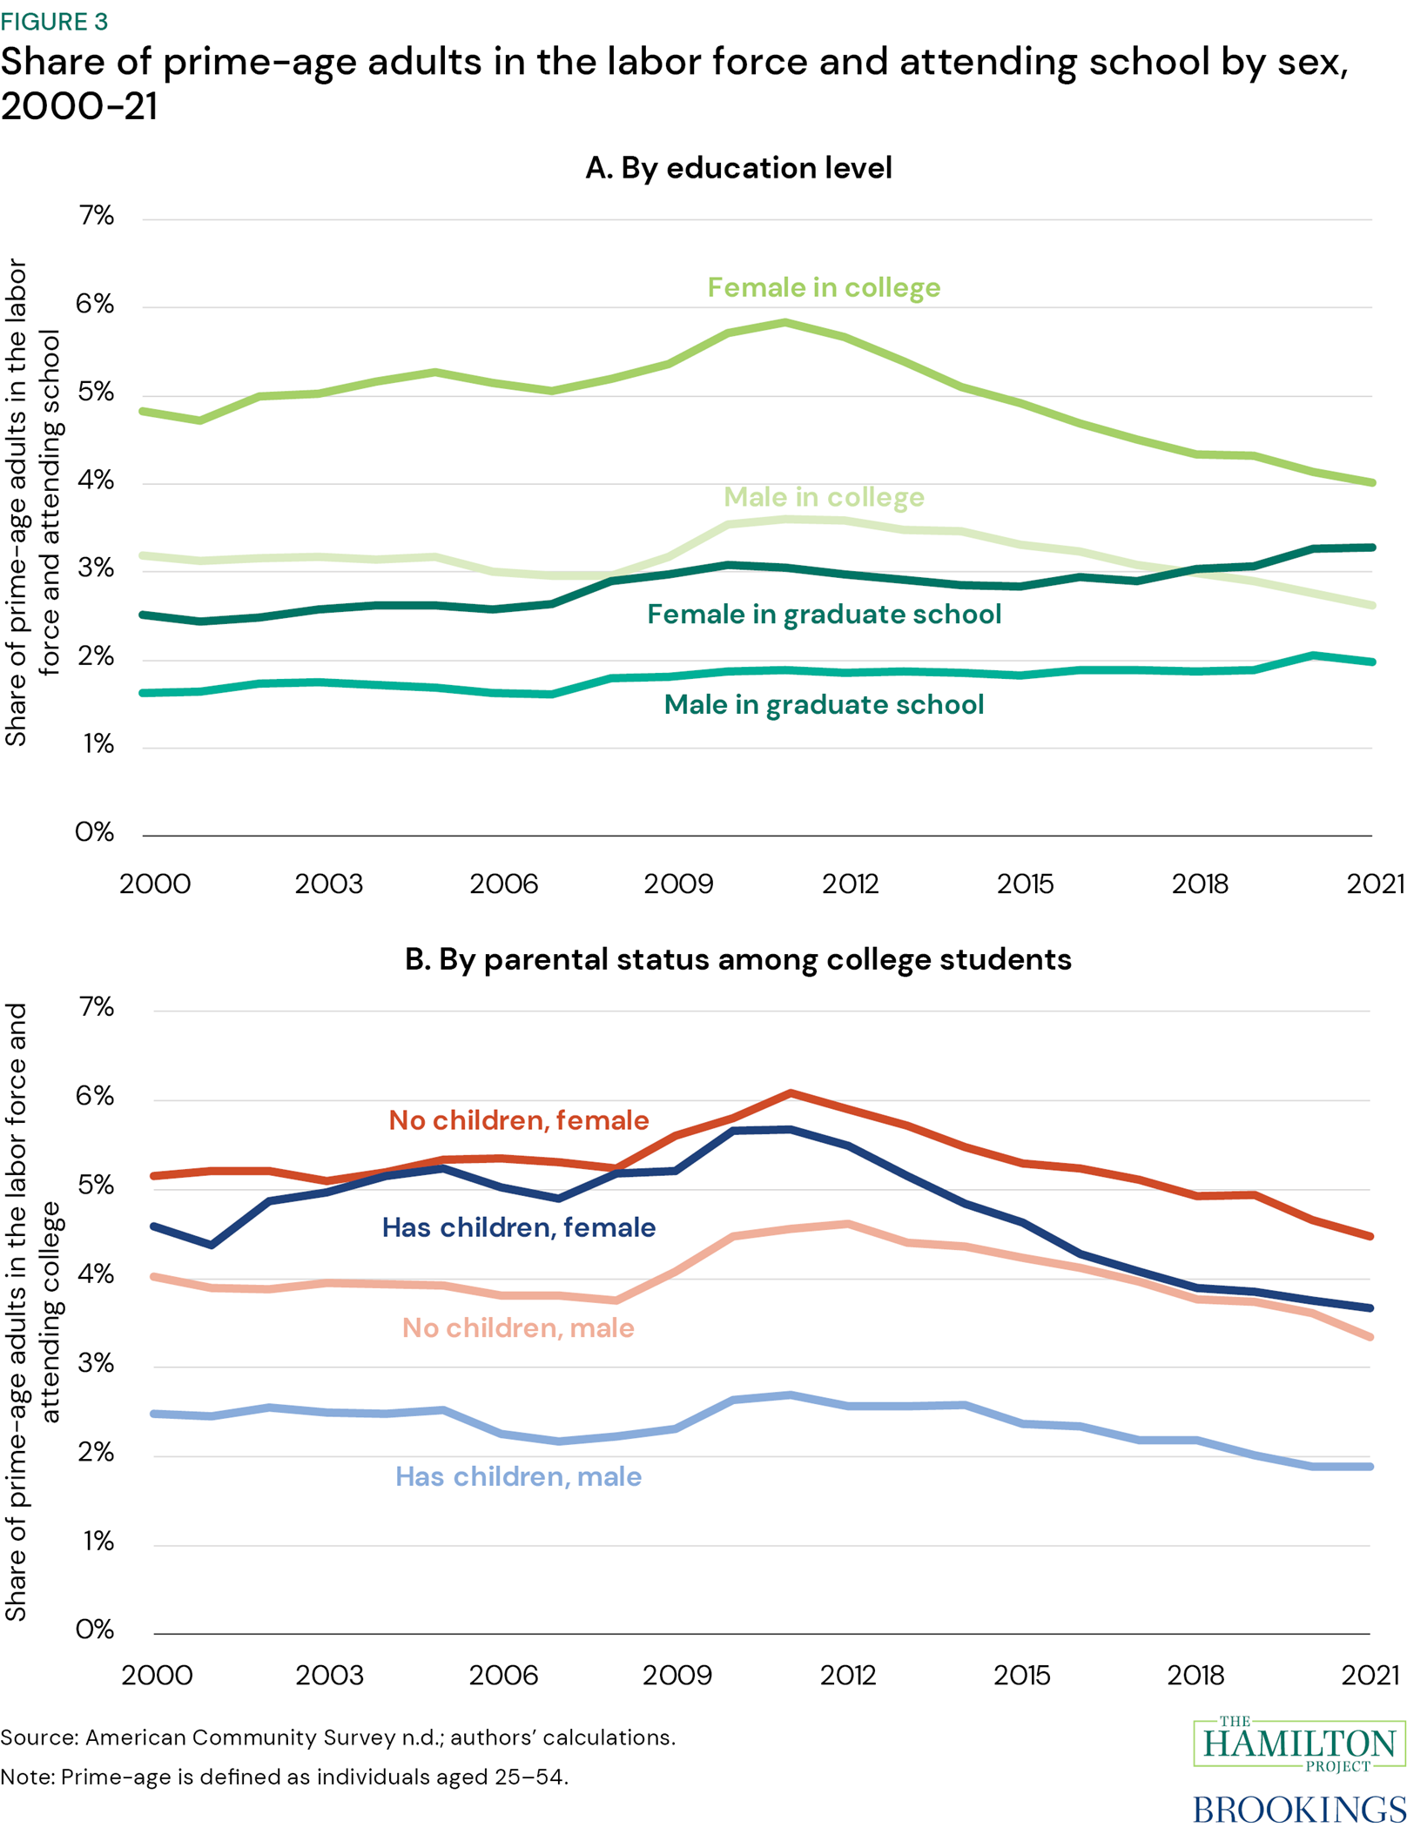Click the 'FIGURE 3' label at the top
(54, 21)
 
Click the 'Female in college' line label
(823, 287)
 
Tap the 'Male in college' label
(824, 497)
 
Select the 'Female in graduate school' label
(824, 615)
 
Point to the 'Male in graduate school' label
(824, 704)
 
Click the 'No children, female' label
(519, 1120)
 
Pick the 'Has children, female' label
(519, 1227)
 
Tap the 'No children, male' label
(518, 1328)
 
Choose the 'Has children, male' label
(518, 1476)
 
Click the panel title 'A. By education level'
(738, 167)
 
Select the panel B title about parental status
(738, 959)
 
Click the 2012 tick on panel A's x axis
(851, 884)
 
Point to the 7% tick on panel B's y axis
(96, 1007)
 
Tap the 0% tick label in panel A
(94, 832)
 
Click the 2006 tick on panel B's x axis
(503, 1676)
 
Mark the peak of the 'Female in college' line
(785, 323)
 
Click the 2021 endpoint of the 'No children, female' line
(1370, 1236)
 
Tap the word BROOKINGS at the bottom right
(1299, 1810)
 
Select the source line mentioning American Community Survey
(338, 1737)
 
